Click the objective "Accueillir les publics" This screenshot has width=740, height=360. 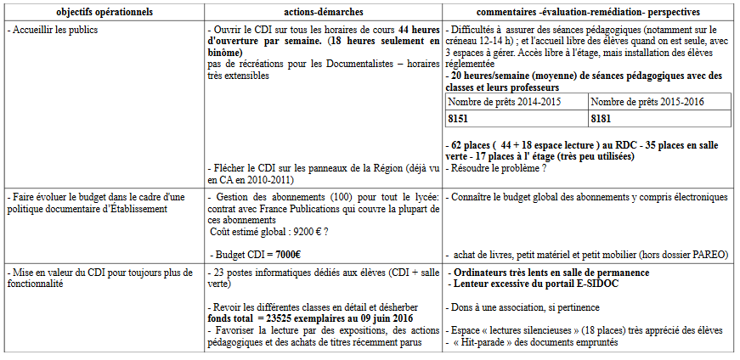53,30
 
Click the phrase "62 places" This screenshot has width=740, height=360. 469,143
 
